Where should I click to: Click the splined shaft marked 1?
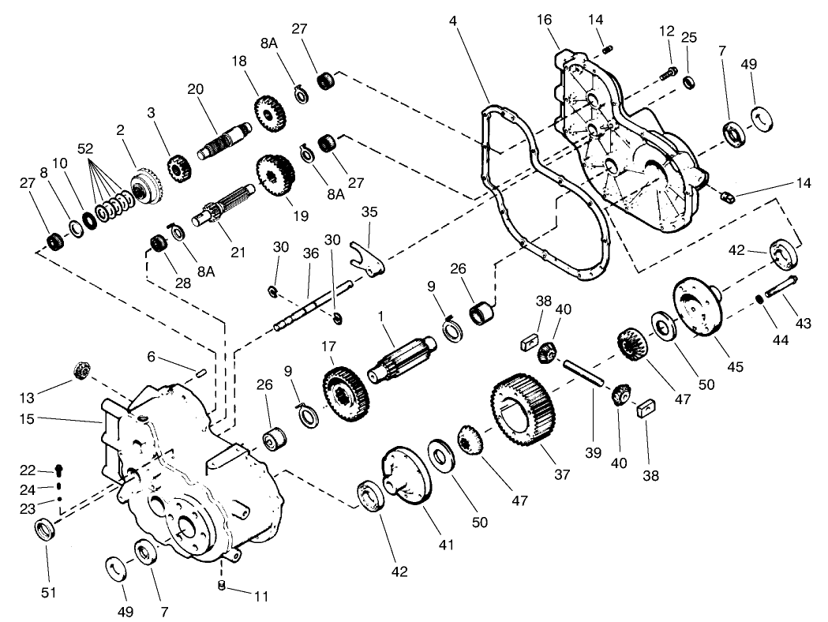tap(405, 354)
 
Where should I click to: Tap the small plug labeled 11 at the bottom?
tap(223, 585)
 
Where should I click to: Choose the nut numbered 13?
tap(82, 369)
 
